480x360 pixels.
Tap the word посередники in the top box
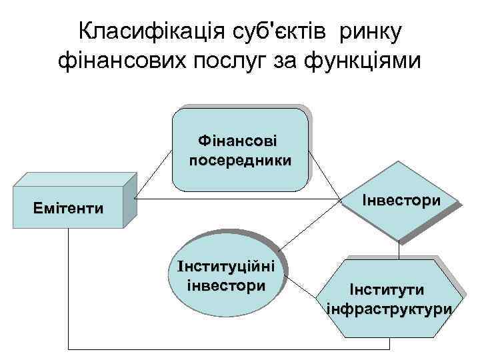click(240, 161)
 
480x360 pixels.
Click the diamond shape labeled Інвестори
click(400, 200)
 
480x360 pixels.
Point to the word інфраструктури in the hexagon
click(390, 309)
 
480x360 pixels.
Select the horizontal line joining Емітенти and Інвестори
click(233, 199)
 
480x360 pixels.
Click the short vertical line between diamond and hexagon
click(399, 249)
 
